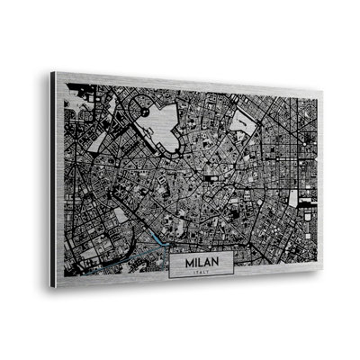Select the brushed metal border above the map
(180, 82)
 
